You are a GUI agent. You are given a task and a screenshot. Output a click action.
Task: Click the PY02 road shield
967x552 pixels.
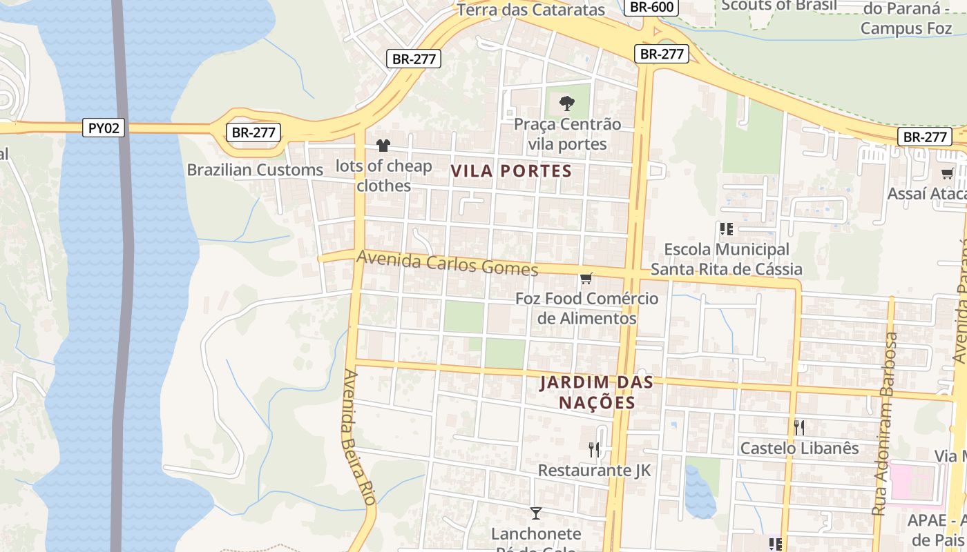click(104, 128)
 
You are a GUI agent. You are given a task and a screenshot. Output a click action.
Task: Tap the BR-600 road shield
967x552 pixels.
click(651, 7)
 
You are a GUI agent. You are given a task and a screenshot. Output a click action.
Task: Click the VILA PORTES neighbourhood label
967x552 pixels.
click(512, 171)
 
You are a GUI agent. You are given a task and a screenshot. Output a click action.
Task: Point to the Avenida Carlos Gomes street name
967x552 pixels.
click(447, 264)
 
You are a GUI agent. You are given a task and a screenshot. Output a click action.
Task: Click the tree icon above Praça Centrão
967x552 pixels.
click(566, 104)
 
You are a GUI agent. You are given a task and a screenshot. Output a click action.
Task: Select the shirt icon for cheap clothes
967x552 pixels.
click(383, 146)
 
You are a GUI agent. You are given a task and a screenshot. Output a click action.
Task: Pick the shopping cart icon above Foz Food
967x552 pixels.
click(586, 278)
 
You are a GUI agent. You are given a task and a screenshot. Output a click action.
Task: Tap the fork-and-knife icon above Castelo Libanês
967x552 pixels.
click(799, 427)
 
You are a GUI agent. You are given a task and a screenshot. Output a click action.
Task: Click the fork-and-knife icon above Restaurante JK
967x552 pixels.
click(594, 450)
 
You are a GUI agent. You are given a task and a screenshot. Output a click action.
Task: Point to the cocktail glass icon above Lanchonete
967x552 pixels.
click(535, 513)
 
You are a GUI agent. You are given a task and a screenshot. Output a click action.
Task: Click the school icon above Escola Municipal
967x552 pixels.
click(726, 228)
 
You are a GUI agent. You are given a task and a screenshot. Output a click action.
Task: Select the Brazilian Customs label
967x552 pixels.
click(255, 170)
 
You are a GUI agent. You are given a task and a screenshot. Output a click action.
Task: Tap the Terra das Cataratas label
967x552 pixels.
click(530, 10)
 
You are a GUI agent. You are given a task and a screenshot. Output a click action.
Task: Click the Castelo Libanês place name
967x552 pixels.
click(799, 448)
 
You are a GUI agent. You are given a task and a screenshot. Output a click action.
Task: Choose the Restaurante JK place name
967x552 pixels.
click(594, 471)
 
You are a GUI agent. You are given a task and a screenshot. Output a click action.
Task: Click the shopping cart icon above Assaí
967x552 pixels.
click(947, 173)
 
